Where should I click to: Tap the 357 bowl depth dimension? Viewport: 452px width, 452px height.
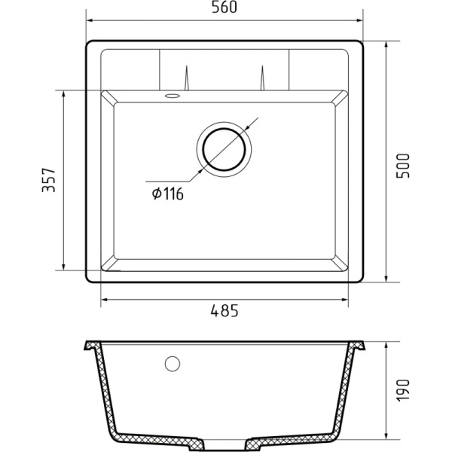click(49, 180)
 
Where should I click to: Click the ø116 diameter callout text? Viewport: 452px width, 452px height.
click(168, 194)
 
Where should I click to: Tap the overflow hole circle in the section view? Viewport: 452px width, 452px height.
click(173, 364)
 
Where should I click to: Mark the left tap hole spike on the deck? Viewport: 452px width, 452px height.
click(185, 78)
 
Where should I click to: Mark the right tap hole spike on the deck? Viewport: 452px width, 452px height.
click(264, 78)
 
